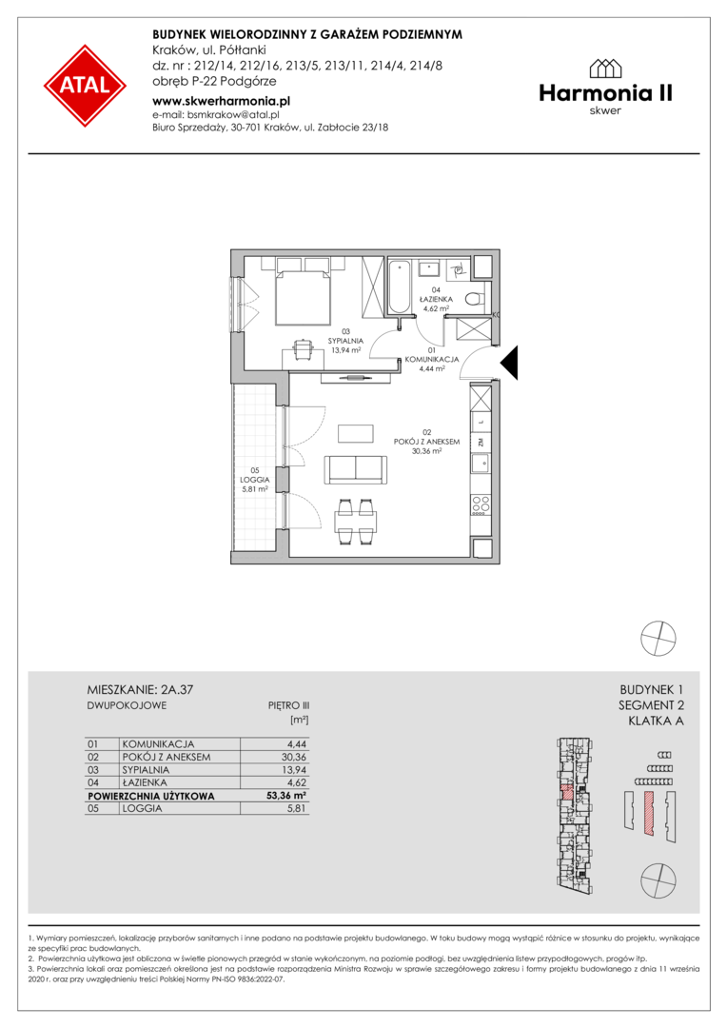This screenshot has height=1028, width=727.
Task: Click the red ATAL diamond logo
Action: click(86, 86)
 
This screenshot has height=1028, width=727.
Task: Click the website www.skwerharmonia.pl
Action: click(221, 101)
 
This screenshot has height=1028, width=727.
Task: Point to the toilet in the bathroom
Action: click(475, 300)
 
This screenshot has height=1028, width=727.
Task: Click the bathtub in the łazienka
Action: click(400, 287)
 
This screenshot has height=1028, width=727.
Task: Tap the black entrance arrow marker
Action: click(509, 363)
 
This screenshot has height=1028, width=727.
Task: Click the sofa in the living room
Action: click(356, 468)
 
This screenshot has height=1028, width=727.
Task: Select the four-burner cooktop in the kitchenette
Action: click(481, 504)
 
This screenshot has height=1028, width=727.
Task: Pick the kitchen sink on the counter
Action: click(481, 465)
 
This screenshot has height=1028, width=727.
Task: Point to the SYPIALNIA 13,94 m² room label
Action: click(346, 341)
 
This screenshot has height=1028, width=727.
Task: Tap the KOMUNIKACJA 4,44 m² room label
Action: click(432, 359)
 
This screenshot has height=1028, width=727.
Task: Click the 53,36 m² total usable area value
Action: click(290, 796)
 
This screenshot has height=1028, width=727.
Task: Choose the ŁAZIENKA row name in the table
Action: click(145, 782)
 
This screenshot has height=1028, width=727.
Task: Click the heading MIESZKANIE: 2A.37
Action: click(140, 689)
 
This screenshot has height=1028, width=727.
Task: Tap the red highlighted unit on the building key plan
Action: click(568, 791)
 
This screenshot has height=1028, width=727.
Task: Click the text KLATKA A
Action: click(656, 721)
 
